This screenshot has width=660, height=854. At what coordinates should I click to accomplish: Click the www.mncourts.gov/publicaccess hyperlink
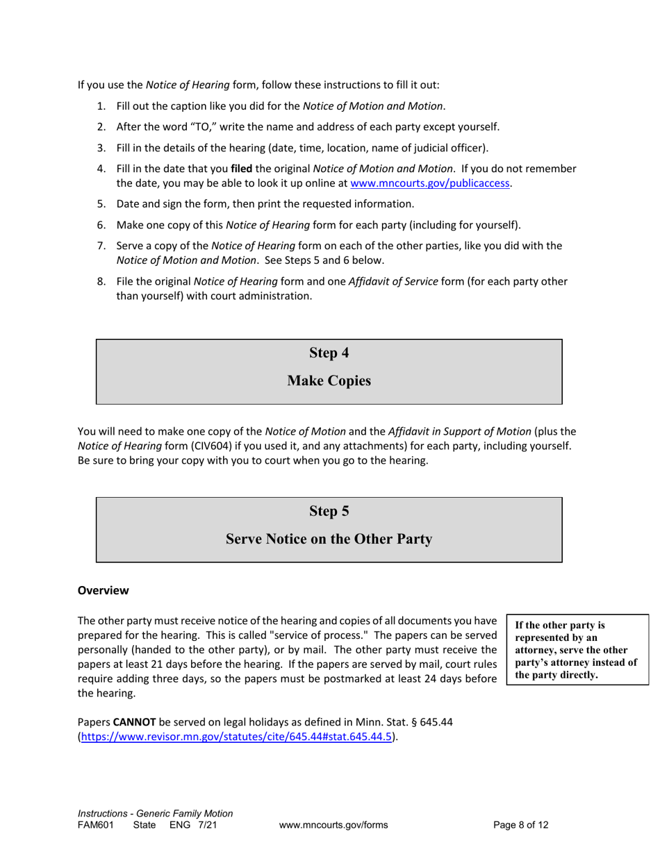tap(431, 184)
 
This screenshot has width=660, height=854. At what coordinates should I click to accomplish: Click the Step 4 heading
tap(329, 353)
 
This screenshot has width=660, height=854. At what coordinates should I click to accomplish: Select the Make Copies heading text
tap(329, 381)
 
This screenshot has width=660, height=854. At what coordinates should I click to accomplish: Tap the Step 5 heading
tap(329, 511)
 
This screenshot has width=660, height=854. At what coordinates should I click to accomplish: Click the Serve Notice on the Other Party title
tap(329, 539)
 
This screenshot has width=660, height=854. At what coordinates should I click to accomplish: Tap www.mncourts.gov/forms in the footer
tap(333, 826)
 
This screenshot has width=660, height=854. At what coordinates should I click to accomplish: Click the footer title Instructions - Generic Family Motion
tap(155, 813)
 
